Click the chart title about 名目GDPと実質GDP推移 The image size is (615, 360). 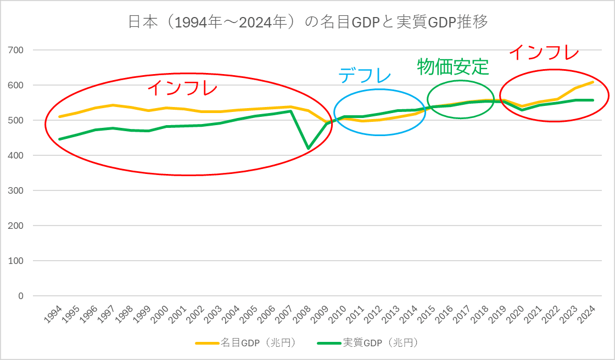[307, 22]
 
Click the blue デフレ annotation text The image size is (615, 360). [365, 76]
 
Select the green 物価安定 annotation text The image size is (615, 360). [452, 66]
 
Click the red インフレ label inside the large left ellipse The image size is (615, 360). [182, 88]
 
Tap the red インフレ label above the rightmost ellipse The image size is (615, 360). [544, 53]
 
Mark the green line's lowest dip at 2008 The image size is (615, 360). [308, 148]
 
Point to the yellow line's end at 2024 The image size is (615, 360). [593, 82]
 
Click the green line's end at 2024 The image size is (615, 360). [593, 100]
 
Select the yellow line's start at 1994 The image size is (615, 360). [59, 116]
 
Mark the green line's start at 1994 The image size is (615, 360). [59, 139]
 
